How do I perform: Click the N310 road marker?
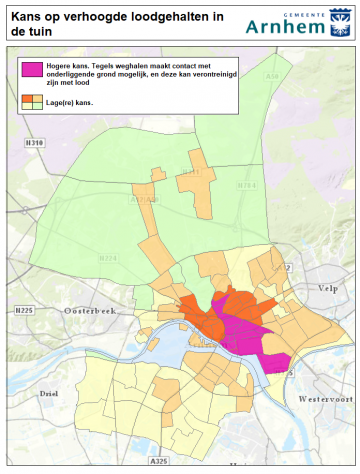(34, 144)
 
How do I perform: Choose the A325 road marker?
(158, 461)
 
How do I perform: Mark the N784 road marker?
(246, 186)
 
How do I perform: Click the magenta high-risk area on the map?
(245, 335)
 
